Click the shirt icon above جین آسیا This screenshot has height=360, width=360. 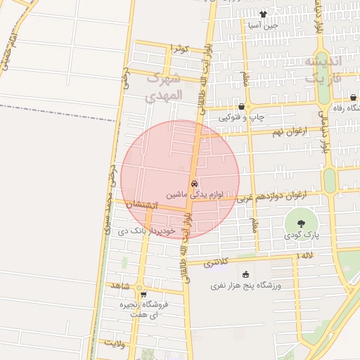pos(263,13)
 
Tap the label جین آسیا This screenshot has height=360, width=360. pos(263,25)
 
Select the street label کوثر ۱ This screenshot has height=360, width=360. pos(180,49)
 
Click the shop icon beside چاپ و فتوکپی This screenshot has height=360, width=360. pos(241,106)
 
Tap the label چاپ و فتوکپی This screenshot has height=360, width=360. pos(240,117)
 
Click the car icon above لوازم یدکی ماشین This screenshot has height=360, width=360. pos(195,183)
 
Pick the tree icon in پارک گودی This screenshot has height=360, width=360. pos(301,224)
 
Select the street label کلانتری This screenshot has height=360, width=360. pos(221,262)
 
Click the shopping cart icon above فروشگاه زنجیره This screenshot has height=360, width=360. pos(143,295)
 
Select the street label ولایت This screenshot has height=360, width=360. pos(115,344)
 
